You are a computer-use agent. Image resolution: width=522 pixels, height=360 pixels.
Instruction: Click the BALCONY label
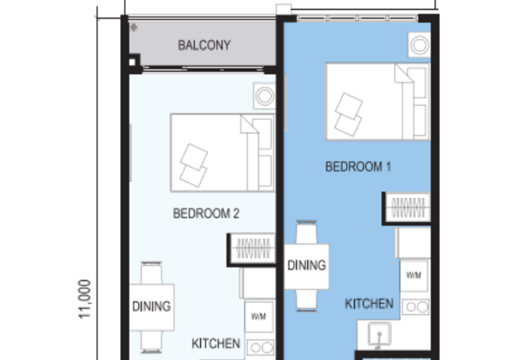pyautogui.click(x=204, y=46)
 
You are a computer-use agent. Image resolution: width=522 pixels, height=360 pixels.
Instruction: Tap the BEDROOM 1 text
pyautogui.click(x=358, y=167)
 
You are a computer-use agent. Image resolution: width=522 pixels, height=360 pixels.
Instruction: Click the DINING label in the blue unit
pyautogui.click(x=307, y=265)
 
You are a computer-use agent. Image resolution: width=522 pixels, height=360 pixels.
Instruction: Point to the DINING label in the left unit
pyautogui.click(x=151, y=306)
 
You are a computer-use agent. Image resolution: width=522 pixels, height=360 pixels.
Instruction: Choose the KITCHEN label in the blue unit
pyautogui.click(x=369, y=304)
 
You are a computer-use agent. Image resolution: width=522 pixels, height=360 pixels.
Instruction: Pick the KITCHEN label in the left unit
pyautogui.click(x=216, y=344)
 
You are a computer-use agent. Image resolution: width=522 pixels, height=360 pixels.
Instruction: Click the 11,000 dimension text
pyautogui.click(x=85, y=299)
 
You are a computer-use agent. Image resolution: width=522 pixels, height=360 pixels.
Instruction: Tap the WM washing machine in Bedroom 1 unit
pyautogui.click(x=414, y=276)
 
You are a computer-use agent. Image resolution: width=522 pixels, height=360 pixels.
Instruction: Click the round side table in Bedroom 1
pyautogui.click(x=419, y=46)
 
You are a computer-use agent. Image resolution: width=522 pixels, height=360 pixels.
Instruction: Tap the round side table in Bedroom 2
pyautogui.click(x=264, y=97)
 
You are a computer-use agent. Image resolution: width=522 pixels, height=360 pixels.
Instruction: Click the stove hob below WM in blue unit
pyautogui.click(x=415, y=307)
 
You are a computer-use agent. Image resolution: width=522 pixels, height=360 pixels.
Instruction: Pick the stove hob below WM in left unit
pyautogui.click(x=260, y=347)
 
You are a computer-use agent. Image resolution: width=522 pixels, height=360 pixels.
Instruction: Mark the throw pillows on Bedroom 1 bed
pyautogui.click(x=348, y=115)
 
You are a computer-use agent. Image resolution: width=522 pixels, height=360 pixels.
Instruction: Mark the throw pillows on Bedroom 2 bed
pyautogui.click(x=193, y=166)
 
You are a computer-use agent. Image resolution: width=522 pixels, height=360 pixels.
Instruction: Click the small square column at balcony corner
pyautogui.click(x=133, y=63)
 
